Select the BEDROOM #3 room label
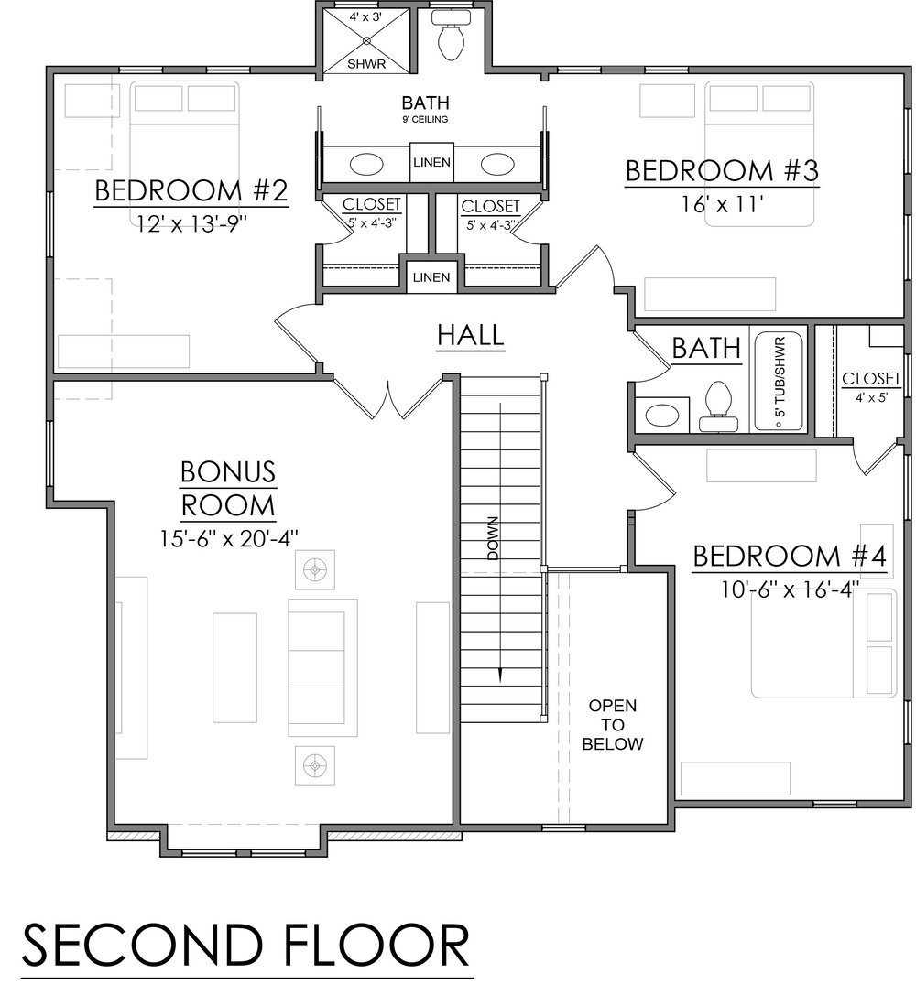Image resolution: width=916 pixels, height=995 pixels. click(x=721, y=171)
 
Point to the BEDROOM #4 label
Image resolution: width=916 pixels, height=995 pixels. click(x=789, y=557)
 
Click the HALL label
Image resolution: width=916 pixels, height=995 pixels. click(x=470, y=335)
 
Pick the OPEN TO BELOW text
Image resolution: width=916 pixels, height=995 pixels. click(x=613, y=725)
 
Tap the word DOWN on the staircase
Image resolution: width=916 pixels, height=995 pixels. click(x=493, y=540)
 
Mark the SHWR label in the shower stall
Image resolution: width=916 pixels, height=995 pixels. click(x=366, y=63)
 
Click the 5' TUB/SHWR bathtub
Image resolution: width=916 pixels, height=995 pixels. click(x=779, y=380)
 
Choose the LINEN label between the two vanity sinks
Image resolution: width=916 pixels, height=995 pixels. click(x=431, y=163)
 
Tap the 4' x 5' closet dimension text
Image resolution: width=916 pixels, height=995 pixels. click(x=871, y=396)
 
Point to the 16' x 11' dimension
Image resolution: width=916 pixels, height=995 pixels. click(x=721, y=205)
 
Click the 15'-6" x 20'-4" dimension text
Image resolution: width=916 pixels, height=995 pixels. click(x=228, y=537)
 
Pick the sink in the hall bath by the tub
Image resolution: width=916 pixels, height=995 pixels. click(x=661, y=415)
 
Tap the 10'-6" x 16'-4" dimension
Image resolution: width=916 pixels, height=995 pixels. click(x=789, y=590)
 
